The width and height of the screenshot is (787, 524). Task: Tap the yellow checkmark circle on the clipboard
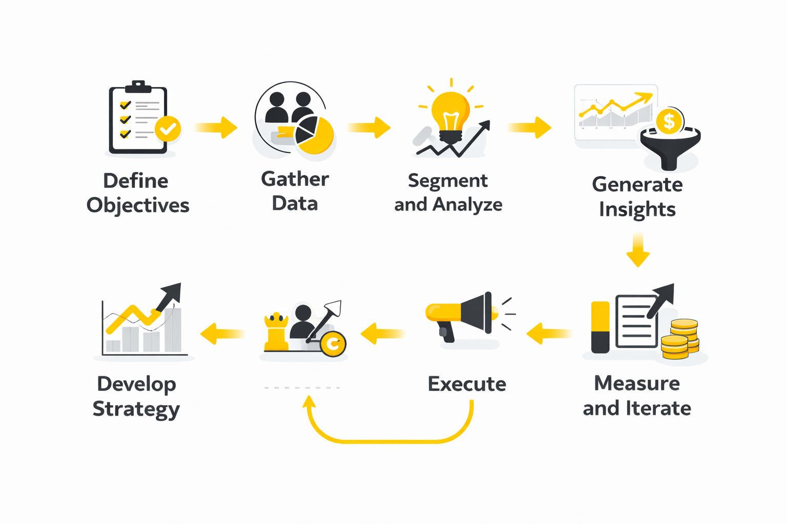(x=168, y=128)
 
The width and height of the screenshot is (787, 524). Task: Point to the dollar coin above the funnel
(x=669, y=122)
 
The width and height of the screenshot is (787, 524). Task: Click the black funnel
(x=670, y=148)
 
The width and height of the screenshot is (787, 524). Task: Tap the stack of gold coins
(x=680, y=339)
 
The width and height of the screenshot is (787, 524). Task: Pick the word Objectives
(x=138, y=206)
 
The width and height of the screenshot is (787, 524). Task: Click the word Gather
(x=295, y=180)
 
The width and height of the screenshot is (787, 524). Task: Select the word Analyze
(x=467, y=205)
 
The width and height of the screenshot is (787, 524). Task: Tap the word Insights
(x=637, y=210)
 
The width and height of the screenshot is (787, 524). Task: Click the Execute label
(x=467, y=384)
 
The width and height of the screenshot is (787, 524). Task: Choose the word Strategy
(x=136, y=409)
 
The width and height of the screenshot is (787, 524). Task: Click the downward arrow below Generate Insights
(x=638, y=249)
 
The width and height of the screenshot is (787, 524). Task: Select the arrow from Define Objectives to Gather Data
(x=216, y=127)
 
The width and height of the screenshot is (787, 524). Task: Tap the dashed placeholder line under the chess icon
(x=302, y=388)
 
